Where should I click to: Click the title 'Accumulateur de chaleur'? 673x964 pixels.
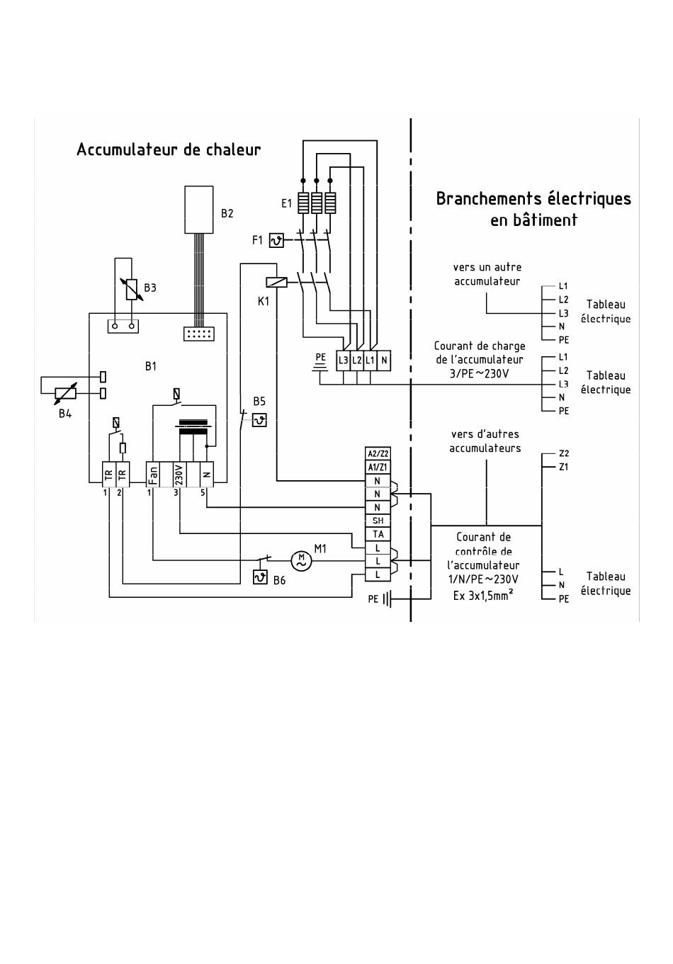pyautogui.click(x=169, y=149)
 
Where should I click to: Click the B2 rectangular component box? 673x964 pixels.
pyautogui.click(x=199, y=210)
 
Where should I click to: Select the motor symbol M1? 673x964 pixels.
pyautogui.click(x=301, y=560)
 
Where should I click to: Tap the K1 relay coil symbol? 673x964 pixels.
pyautogui.click(x=276, y=282)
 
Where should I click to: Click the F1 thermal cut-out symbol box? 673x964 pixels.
pyautogui.click(x=276, y=240)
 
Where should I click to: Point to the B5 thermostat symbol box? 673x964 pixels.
pyautogui.click(x=259, y=419)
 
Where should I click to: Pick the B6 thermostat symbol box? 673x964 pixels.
pyautogui.click(x=260, y=577)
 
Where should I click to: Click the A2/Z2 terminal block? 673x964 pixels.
pyautogui.click(x=378, y=453)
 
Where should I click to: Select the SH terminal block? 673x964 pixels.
pyautogui.click(x=378, y=521)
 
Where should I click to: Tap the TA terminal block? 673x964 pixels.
pyautogui.click(x=378, y=534)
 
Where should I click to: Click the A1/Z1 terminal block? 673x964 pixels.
pyautogui.click(x=378, y=467)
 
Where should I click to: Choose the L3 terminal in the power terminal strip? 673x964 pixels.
pyautogui.click(x=343, y=361)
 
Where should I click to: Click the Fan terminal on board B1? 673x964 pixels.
pyautogui.click(x=153, y=475)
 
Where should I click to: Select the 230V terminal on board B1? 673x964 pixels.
pyautogui.click(x=179, y=475)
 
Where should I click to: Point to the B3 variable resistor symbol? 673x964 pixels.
pyautogui.click(x=131, y=289)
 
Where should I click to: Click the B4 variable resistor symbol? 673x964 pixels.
pyautogui.click(x=65, y=393)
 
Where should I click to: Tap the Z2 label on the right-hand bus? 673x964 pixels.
pyautogui.click(x=564, y=453)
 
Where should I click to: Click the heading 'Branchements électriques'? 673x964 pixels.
pyautogui.click(x=533, y=199)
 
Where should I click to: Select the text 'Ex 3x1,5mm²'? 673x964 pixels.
pyautogui.click(x=483, y=596)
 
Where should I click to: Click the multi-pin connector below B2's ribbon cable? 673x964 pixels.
pyautogui.click(x=199, y=334)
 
